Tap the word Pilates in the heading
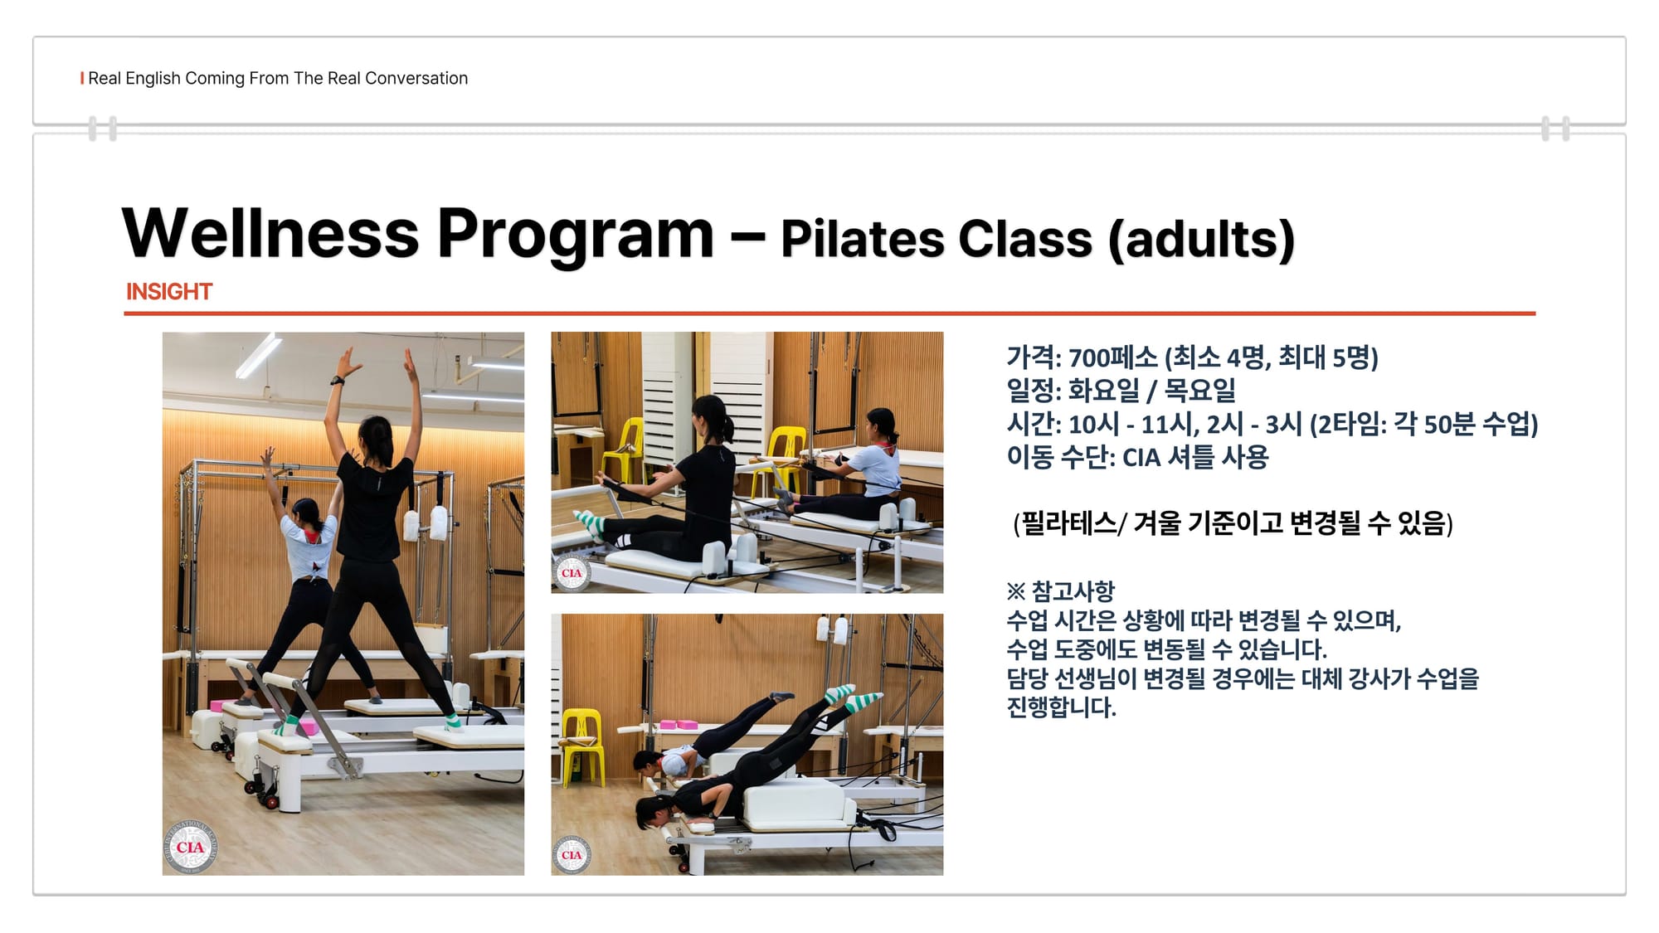862,239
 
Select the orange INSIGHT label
169,292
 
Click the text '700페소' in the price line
1112,357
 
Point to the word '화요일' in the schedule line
1103,391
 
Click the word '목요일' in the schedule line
1200,391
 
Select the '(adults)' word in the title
1201,240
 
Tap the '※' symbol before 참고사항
1015,591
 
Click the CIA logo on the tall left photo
190,847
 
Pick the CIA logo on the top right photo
572,572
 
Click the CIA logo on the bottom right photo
572,854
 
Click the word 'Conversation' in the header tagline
416,78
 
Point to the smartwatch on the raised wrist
337,381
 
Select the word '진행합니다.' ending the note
1062,707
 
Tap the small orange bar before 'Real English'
82,78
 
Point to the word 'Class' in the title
1025,239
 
